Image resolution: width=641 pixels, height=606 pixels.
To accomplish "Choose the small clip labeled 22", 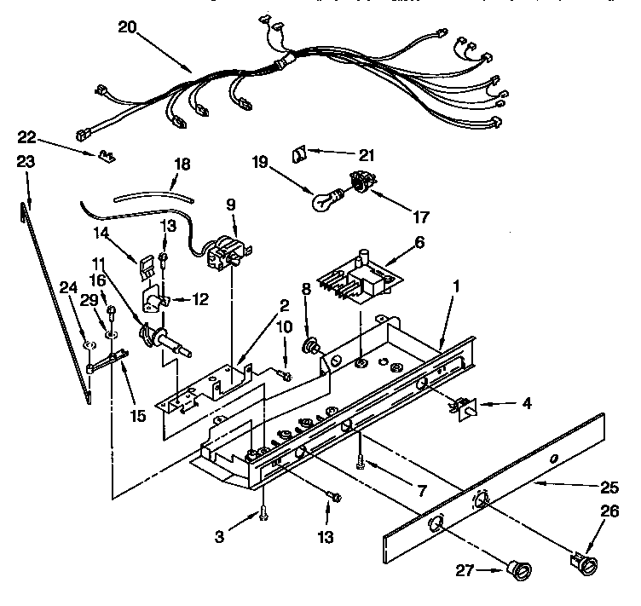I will click(107, 156).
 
